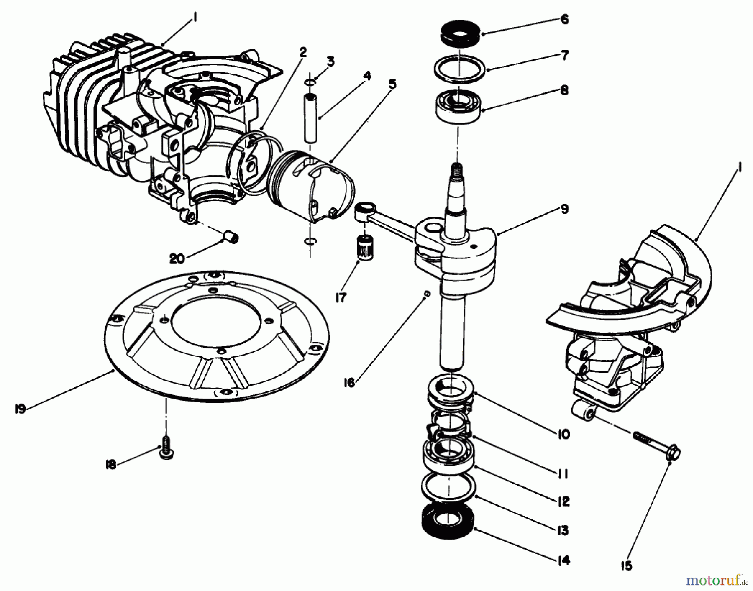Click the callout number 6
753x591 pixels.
coord(564,19)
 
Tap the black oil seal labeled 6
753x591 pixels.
coord(460,34)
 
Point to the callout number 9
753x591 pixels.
coord(564,209)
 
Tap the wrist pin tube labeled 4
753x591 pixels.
coord(310,119)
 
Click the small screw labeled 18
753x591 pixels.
coord(166,453)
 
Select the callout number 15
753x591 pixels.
coord(627,566)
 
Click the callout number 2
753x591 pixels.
coord(303,52)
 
